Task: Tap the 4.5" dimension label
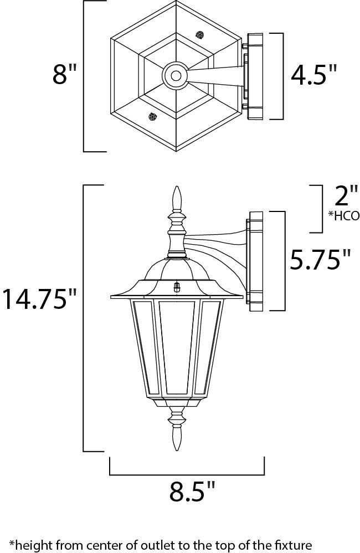point(314,75)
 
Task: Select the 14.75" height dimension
point(39,299)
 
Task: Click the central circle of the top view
point(176,75)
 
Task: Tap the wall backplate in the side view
point(258,260)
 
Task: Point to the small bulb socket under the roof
point(177,287)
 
